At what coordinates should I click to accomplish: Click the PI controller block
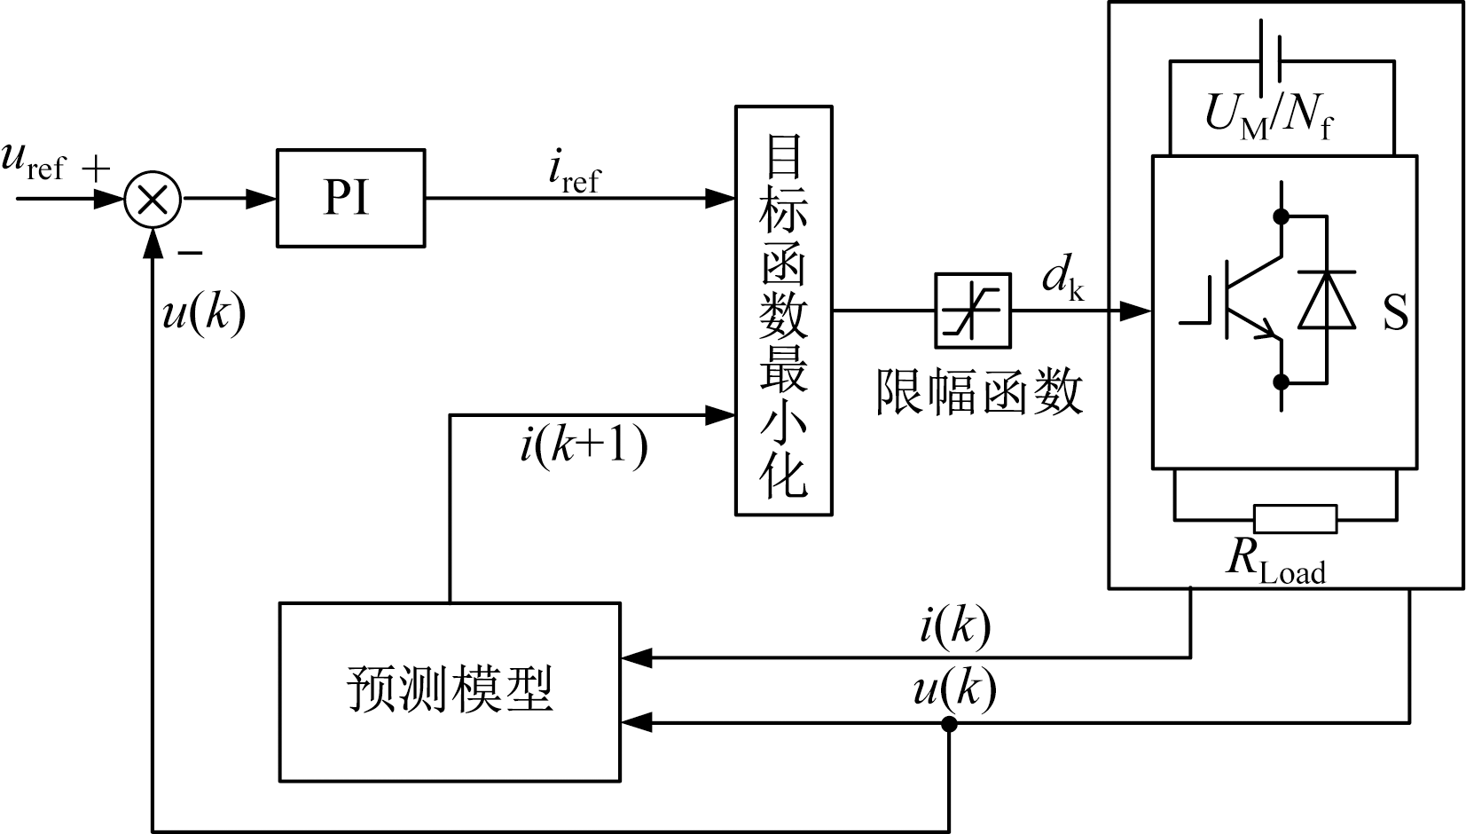click(349, 198)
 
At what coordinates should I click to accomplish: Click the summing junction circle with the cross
click(153, 199)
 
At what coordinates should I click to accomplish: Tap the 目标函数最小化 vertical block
click(783, 311)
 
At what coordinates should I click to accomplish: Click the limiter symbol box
click(973, 311)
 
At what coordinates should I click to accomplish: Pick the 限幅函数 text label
click(979, 391)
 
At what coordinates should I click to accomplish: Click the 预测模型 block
click(449, 691)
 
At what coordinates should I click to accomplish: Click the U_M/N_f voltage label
click(1268, 115)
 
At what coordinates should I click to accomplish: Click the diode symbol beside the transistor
click(1327, 299)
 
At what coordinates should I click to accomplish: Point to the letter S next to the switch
click(1395, 311)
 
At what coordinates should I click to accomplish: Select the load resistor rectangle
click(1295, 519)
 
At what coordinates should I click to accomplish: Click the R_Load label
click(1275, 560)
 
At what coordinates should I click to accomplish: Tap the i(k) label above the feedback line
click(955, 625)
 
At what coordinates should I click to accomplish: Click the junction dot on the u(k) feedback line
click(949, 724)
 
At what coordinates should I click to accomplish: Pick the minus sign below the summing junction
click(190, 254)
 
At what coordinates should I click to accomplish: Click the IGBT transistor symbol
click(1242, 302)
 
